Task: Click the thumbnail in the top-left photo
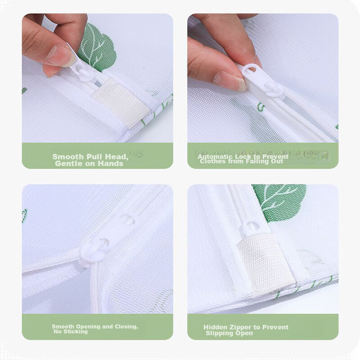coord(60,55)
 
